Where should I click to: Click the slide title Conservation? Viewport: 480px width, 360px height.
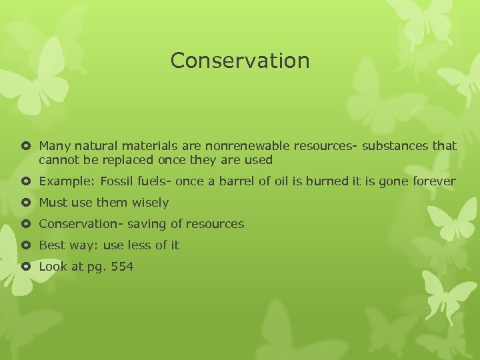point(240,61)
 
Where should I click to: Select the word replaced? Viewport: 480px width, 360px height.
point(128,160)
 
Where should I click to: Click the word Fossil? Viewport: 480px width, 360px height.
point(118,181)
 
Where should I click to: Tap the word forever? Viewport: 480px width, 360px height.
point(433,181)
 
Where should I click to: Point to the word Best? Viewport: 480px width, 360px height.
point(52,245)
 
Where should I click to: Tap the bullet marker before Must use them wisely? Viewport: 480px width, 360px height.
point(25,203)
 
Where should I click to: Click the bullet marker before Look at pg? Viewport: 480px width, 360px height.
point(25,267)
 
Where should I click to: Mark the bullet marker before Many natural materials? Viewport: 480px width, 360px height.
point(25,145)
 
